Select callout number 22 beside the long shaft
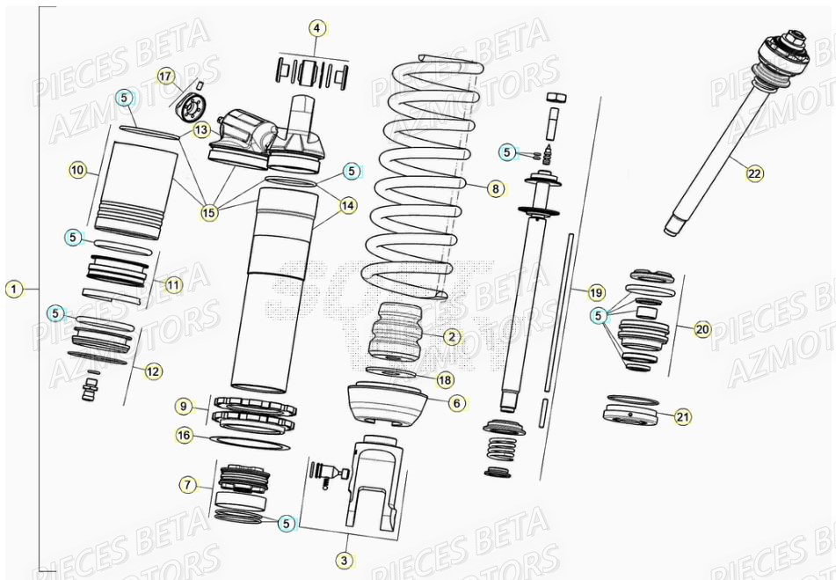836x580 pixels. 754,174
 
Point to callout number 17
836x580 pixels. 166,76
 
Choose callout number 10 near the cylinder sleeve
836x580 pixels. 77,170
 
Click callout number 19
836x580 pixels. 596,292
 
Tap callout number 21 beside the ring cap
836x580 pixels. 682,417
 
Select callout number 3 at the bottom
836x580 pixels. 345,560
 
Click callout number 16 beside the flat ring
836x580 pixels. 184,435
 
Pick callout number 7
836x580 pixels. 187,484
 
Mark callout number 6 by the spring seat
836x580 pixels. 456,402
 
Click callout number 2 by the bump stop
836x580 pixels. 451,336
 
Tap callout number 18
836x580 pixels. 444,379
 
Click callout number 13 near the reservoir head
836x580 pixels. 202,130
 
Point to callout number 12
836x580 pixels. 153,371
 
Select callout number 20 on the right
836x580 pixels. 702,329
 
